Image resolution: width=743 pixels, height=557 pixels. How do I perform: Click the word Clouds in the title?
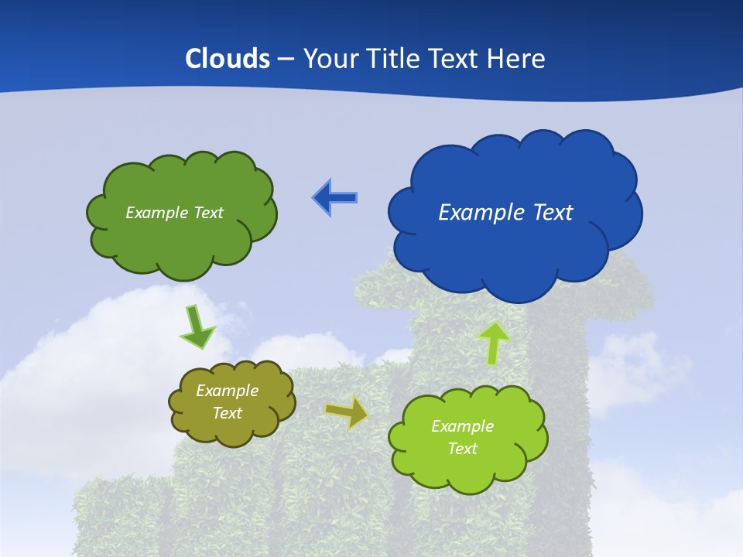pos(228,59)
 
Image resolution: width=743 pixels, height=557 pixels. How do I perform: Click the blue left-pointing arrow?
pos(334,197)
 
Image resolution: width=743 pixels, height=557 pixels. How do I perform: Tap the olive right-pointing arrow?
pos(347,413)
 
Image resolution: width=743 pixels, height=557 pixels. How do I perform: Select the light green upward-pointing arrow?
pos(493,343)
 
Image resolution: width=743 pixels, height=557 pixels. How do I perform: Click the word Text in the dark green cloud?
pos(207,213)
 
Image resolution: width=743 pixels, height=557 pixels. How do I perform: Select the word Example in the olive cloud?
pos(227,391)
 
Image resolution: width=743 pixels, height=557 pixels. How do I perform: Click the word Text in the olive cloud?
pos(227,413)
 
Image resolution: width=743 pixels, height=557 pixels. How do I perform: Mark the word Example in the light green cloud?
pos(462,426)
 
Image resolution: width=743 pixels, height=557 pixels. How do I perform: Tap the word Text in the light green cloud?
pos(462,449)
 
